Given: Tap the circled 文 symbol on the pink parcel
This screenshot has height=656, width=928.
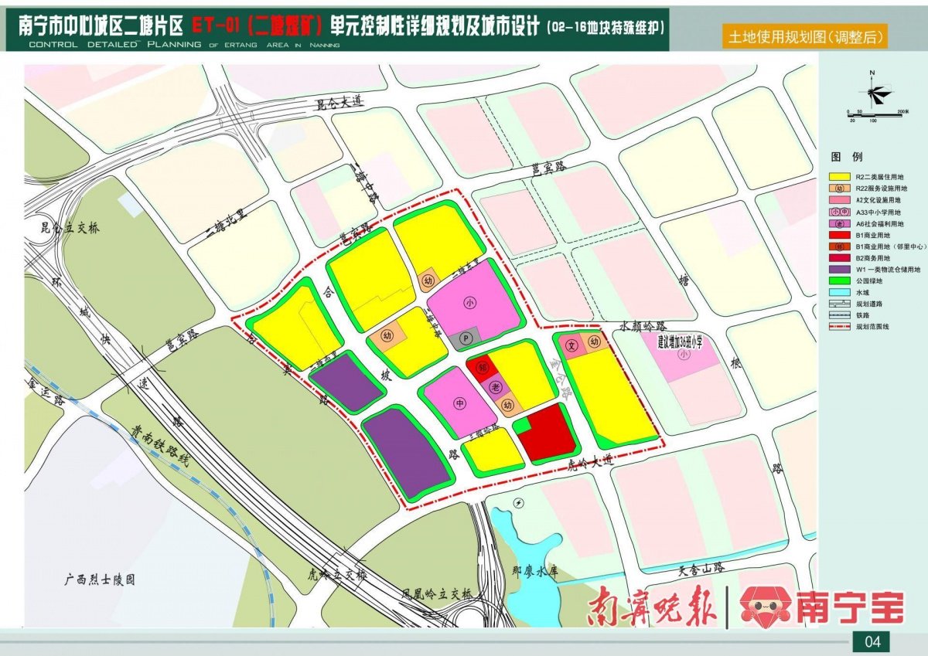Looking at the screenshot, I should point(572,343).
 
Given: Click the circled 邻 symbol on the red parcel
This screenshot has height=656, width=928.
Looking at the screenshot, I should point(480,369).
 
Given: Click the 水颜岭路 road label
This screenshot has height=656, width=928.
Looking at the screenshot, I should point(643,327).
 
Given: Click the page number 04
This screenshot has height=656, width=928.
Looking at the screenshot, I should point(872,641).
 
